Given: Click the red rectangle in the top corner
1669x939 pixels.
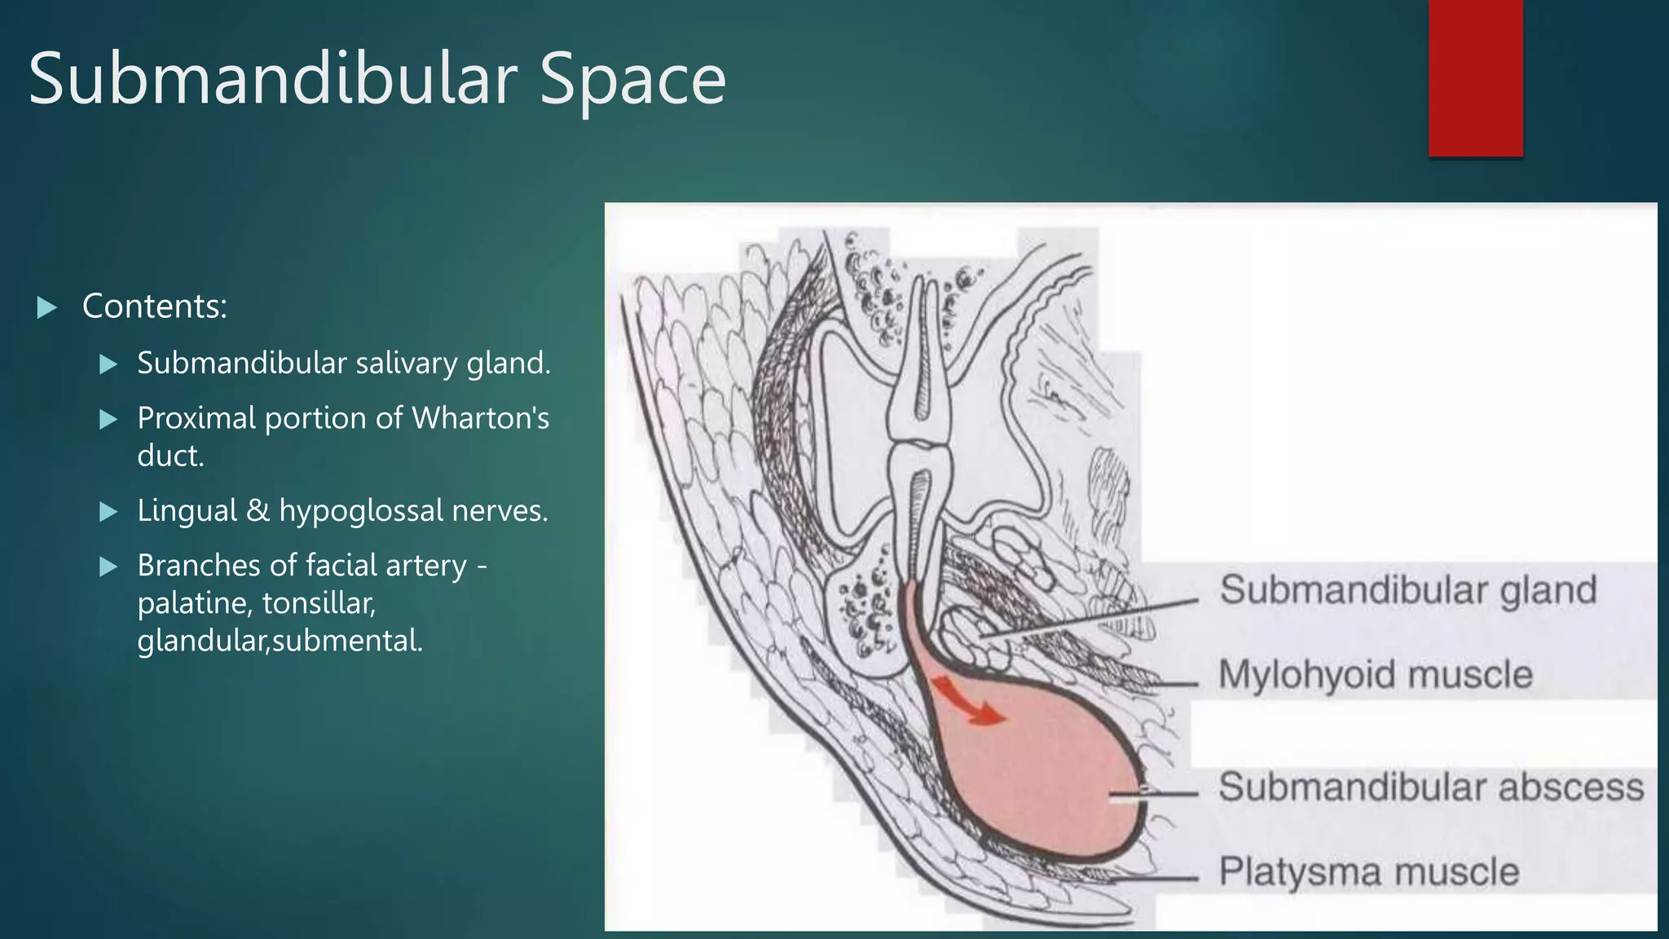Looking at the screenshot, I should tap(1475, 77).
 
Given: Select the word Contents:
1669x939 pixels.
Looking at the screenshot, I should tap(154, 306).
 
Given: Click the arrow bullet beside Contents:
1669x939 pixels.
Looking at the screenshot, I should tap(47, 308).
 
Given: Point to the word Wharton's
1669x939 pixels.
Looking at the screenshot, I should tap(480, 418).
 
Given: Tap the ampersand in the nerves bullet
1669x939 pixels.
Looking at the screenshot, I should tap(258, 510).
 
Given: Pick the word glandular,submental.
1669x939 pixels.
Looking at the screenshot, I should tap(280, 641).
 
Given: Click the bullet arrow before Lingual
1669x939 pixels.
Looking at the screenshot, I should tap(108, 512).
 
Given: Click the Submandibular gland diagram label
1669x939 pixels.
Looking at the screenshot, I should tap(1407, 590).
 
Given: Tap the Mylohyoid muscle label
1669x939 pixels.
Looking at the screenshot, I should tap(1375, 675).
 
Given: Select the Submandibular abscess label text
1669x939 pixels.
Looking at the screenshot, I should tap(1430, 787).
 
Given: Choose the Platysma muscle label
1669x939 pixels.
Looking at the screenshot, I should tap(1368, 872).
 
